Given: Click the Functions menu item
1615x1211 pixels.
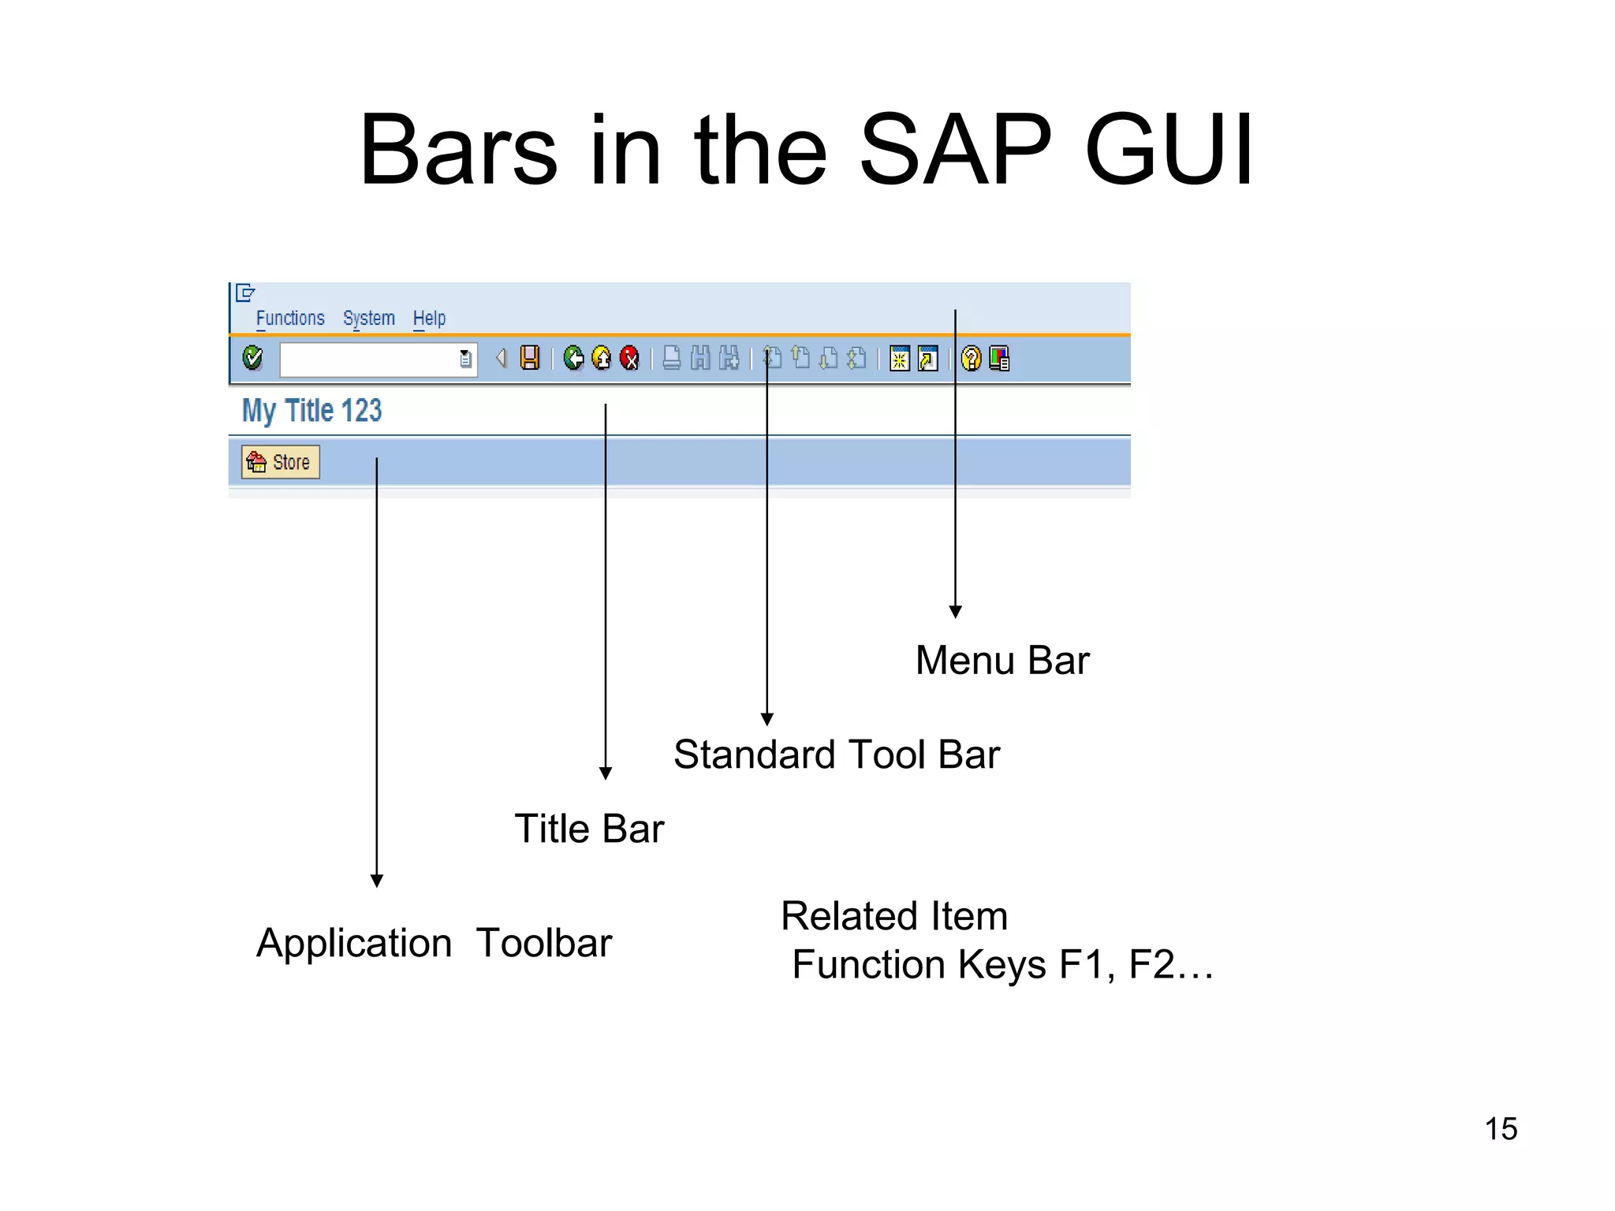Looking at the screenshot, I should (289, 319).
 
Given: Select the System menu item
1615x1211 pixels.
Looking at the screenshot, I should (368, 319).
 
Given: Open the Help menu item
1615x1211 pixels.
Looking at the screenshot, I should (429, 319).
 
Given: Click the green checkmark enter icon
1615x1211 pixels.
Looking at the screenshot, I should (252, 358).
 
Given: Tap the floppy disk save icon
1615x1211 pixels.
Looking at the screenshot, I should (530, 358).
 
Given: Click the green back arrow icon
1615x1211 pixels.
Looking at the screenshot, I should (573, 359).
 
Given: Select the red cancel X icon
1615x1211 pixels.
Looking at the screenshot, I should (629, 359).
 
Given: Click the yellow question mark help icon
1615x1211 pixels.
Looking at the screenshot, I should (972, 359).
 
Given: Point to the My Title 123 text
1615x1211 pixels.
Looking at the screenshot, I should (311, 411).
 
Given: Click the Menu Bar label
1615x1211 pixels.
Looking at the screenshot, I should (1001, 660).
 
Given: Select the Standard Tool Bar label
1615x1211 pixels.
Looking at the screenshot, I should (836, 755).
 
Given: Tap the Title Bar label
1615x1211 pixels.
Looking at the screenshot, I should (589, 829).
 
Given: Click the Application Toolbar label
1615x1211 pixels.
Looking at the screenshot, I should (434, 943).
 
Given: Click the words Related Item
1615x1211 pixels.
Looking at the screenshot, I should (894, 916).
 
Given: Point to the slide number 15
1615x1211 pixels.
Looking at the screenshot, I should (1501, 1129).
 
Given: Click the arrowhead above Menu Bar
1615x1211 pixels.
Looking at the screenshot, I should (955, 612).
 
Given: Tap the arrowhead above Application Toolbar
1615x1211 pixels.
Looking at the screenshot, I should (377, 881).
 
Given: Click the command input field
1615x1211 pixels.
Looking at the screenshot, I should (368, 360).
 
